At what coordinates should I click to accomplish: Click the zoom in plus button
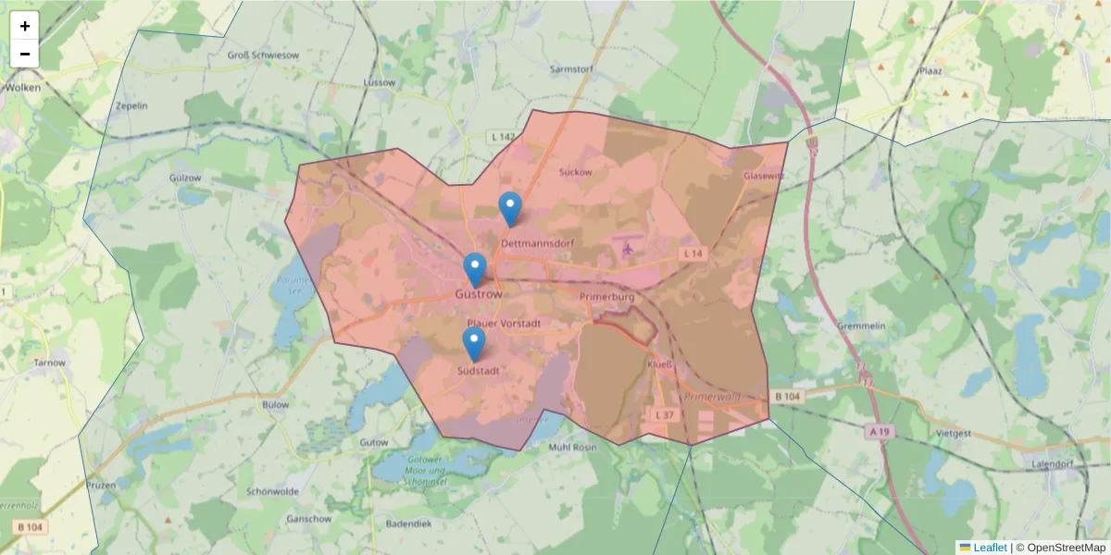click(25, 26)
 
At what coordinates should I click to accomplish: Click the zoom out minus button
click(25, 54)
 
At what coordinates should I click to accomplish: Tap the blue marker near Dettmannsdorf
click(509, 209)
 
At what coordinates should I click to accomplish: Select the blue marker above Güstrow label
click(474, 270)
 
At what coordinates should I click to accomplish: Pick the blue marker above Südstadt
click(474, 344)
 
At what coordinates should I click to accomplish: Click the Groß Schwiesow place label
click(263, 55)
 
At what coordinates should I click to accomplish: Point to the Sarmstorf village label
click(570, 68)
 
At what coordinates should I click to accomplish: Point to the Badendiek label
click(408, 524)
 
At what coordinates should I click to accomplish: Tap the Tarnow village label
click(49, 363)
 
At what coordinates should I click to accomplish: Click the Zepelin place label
click(131, 105)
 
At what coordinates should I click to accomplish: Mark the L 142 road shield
click(502, 137)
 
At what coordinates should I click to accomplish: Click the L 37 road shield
click(663, 415)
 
